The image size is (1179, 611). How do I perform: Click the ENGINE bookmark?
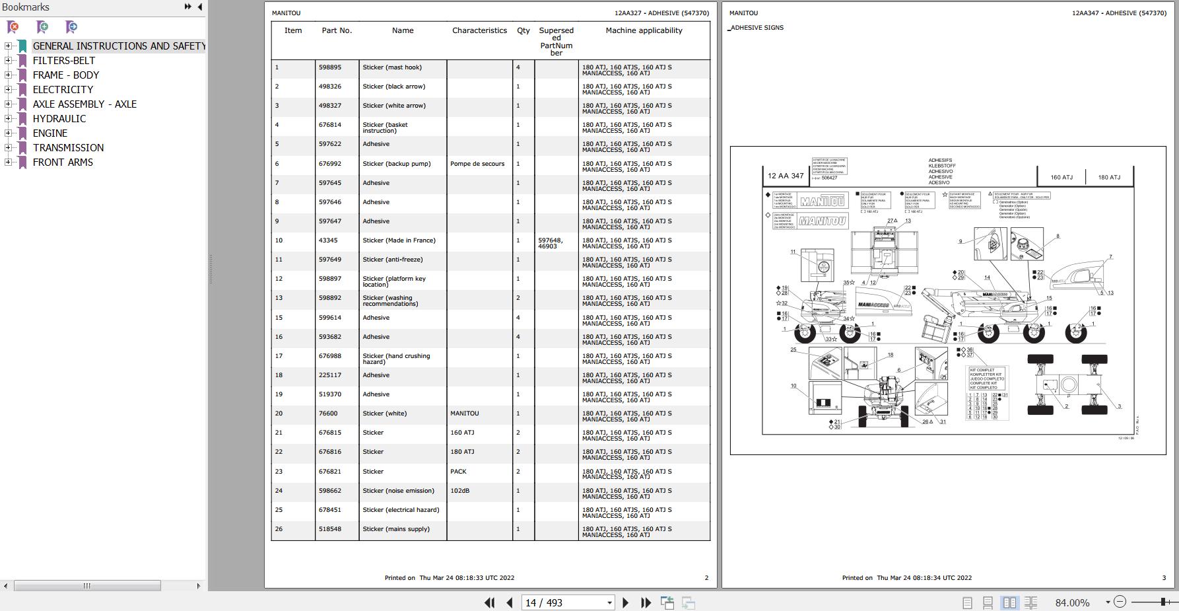point(50,133)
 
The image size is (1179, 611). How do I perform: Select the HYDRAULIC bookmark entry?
point(59,119)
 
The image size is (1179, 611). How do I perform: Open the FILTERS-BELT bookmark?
point(64,61)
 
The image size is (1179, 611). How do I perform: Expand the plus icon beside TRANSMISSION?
point(8,148)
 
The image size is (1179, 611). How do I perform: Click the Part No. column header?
point(337,30)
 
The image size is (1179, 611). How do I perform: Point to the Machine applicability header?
point(644,30)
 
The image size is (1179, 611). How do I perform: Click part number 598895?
point(330,67)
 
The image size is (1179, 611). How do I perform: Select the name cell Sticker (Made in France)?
point(399,240)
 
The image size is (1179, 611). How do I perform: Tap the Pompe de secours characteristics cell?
point(477,164)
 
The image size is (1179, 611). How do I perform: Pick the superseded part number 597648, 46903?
point(551,243)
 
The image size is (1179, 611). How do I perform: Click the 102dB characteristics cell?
point(459,491)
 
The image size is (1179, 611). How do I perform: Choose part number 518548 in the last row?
point(330,529)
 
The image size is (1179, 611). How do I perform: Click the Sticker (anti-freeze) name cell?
point(392,260)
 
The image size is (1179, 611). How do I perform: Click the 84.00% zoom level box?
point(1073,603)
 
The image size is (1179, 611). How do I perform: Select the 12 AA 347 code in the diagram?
point(786,176)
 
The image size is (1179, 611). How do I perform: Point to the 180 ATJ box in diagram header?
point(1109,177)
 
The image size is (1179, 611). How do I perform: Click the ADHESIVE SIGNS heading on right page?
point(757,28)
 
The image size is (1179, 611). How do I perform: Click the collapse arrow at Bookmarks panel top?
point(200,7)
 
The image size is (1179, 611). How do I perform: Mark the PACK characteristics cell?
point(458,472)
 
